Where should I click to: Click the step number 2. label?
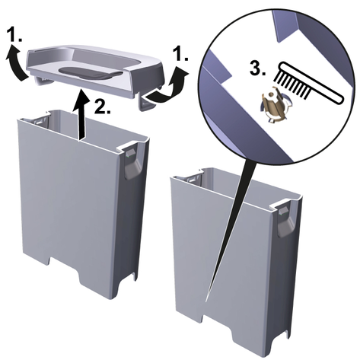(102, 107)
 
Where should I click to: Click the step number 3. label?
(258, 68)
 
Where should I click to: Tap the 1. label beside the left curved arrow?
(14, 34)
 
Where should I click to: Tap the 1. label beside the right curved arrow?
(180, 54)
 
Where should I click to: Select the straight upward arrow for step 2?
(81, 115)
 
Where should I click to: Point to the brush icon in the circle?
(309, 82)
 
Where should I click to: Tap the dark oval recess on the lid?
(90, 73)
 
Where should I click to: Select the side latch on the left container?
(132, 164)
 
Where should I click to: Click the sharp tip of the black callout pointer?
(205, 301)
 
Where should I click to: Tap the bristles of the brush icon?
(292, 84)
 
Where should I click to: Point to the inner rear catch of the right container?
(194, 179)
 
